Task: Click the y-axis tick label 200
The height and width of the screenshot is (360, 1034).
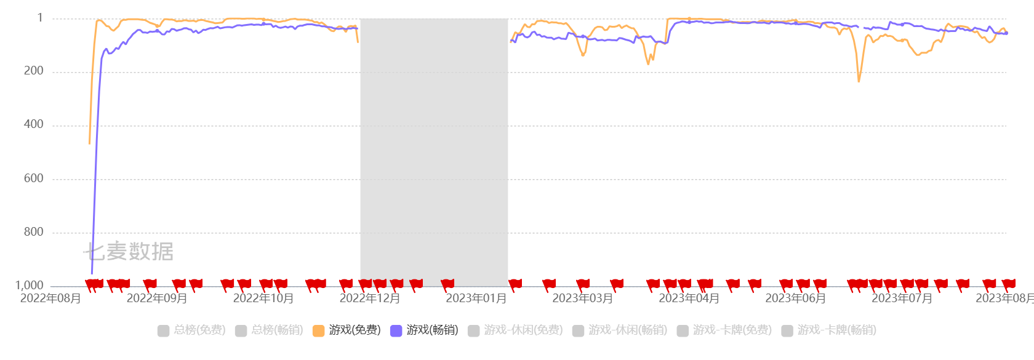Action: click(34, 71)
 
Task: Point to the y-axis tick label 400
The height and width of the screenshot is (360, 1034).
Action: click(34, 124)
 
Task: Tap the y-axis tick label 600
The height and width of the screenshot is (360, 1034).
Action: click(34, 178)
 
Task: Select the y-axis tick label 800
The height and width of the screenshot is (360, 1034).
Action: click(34, 232)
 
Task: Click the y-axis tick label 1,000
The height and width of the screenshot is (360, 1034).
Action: click(30, 286)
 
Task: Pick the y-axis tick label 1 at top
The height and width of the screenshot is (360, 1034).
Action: click(40, 18)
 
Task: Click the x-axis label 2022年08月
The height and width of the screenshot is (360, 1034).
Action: click(50, 298)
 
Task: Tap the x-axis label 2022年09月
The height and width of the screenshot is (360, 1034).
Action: click(157, 298)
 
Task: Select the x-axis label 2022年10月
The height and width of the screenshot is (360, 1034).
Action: click(263, 298)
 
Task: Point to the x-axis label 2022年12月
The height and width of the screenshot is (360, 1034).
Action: click(370, 298)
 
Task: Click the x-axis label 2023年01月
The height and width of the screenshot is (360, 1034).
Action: click(476, 298)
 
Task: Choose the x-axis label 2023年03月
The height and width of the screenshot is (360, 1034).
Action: click(583, 298)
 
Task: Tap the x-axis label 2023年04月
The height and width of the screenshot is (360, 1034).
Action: click(689, 298)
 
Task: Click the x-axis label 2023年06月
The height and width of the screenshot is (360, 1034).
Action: click(796, 298)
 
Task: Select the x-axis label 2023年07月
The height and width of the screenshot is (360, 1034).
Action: click(902, 298)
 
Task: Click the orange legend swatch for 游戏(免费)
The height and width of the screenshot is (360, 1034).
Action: click(319, 331)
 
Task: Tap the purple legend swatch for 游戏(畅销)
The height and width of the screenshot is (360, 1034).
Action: click(396, 331)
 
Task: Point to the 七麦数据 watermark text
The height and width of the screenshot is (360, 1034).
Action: click(128, 251)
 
